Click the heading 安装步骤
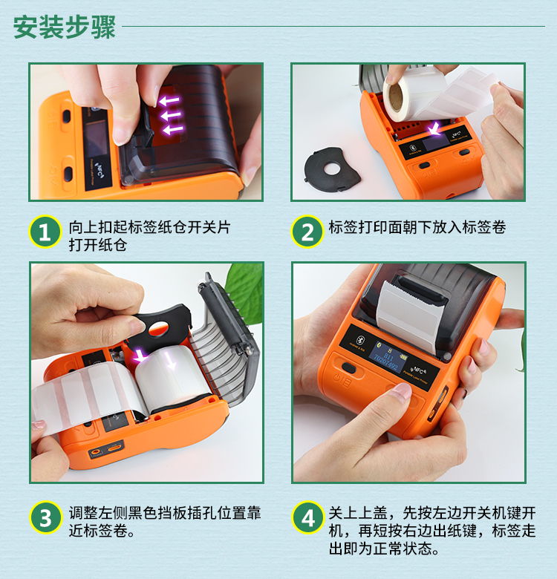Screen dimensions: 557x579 (65, 27)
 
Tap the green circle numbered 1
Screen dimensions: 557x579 (45, 232)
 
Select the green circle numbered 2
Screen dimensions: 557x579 (307, 232)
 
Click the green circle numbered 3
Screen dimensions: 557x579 (45, 517)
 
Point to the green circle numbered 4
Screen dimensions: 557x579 (308, 517)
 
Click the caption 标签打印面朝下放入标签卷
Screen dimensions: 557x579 (417, 227)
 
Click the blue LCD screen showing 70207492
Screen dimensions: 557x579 (389, 357)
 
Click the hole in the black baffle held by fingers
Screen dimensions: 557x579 (158, 328)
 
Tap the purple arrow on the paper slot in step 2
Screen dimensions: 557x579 (434, 128)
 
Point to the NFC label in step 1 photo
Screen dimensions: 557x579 (99, 169)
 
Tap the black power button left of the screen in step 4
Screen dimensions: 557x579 (349, 368)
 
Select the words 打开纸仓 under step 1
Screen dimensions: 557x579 (98, 245)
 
